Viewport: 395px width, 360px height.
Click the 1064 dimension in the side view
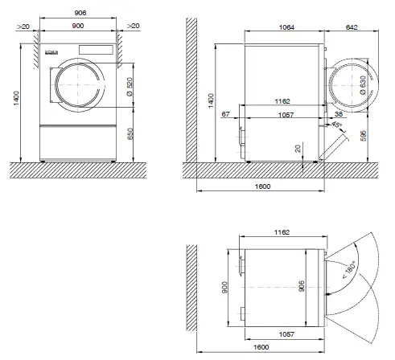tap(286, 27)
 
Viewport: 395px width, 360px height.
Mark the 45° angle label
tap(334, 126)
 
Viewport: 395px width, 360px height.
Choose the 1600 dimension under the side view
tap(261, 187)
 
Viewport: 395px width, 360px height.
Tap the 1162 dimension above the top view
tap(281, 232)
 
